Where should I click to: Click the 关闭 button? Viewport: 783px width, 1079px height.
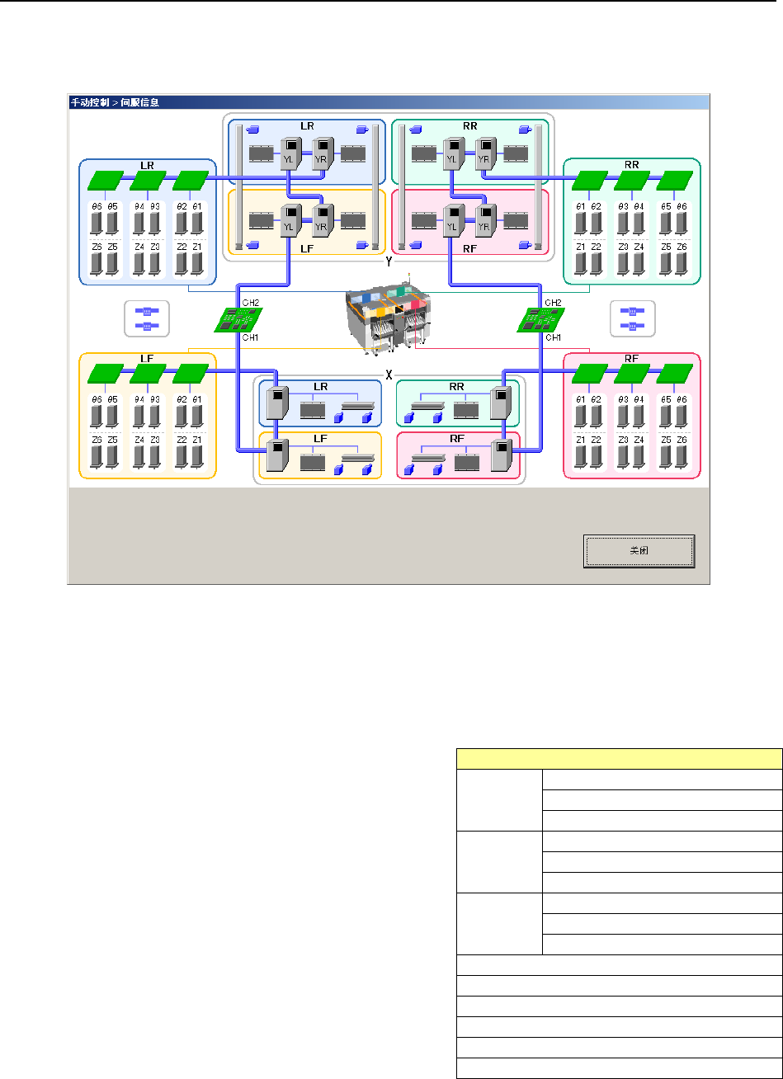tap(639, 551)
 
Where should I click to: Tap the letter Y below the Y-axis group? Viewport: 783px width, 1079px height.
tap(388, 263)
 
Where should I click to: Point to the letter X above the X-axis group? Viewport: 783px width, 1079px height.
tap(388, 372)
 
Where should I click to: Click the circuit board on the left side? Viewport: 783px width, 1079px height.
tap(238, 319)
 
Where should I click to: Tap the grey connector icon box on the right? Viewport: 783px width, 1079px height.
tap(632, 318)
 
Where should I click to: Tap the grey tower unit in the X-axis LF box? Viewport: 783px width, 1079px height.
tap(276, 455)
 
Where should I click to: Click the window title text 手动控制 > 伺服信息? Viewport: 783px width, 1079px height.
tap(113, 103)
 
